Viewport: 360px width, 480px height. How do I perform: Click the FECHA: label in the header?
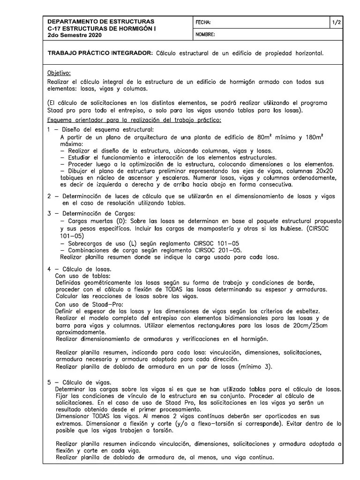pos(203,22)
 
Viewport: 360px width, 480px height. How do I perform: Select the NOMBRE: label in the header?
pos(205,35)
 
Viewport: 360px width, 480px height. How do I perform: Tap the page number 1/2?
pos(337,22)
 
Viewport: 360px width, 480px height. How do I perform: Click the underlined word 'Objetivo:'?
pos(59,73)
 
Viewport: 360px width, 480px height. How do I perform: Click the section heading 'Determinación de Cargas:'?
pos(93,213)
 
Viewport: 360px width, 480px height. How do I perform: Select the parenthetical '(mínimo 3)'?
pos(255,367)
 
